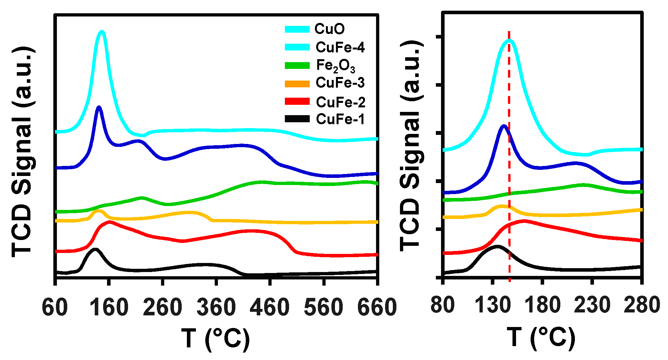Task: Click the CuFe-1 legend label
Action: tap(340, 119)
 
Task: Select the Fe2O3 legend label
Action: tap(335, 66)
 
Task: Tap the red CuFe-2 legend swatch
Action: tap(297, 102)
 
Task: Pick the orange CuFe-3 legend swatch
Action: tap(297, 84)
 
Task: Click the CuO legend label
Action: tap(329, 29)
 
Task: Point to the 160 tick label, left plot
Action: tap(109, 308)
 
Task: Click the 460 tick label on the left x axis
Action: tap(269, 308)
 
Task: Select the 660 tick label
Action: tap(377, 308)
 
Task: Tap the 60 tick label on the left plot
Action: tap(55, 308)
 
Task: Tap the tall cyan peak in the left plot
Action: tap(102, 32)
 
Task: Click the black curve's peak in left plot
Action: tap(95, 249)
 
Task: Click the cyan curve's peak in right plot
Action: tap(509, 40)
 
